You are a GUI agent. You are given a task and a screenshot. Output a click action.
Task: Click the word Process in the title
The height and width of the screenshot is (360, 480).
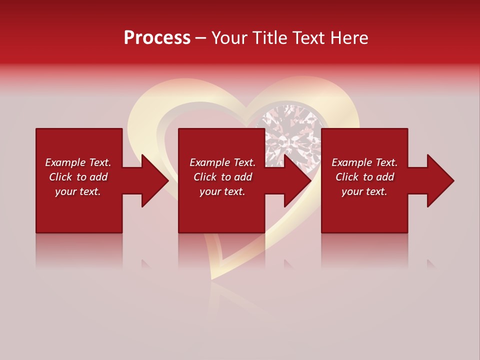point(157,38)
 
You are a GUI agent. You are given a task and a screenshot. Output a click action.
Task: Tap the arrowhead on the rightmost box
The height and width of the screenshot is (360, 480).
point(439,180)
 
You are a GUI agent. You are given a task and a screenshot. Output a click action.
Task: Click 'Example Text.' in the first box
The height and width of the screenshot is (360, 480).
point(78,162)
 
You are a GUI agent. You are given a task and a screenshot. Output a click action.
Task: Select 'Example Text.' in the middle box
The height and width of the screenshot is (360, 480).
point(222,162)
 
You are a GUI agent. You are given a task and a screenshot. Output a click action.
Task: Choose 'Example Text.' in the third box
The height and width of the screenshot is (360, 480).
point(364,162)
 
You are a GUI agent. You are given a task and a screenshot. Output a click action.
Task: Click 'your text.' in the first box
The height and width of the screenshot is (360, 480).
point(78,191)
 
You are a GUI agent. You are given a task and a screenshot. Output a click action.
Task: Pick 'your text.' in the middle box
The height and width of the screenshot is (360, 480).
point(222,191)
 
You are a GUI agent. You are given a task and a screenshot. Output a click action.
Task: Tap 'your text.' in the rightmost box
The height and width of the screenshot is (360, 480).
point(364,191)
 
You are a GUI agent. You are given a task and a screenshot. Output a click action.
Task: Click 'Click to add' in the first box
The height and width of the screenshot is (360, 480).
point(78,177)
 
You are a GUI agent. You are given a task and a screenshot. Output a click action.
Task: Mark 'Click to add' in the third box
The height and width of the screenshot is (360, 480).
point(364,177)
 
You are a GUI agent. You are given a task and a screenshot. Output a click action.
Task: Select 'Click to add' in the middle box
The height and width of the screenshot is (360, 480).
point(222,177)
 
